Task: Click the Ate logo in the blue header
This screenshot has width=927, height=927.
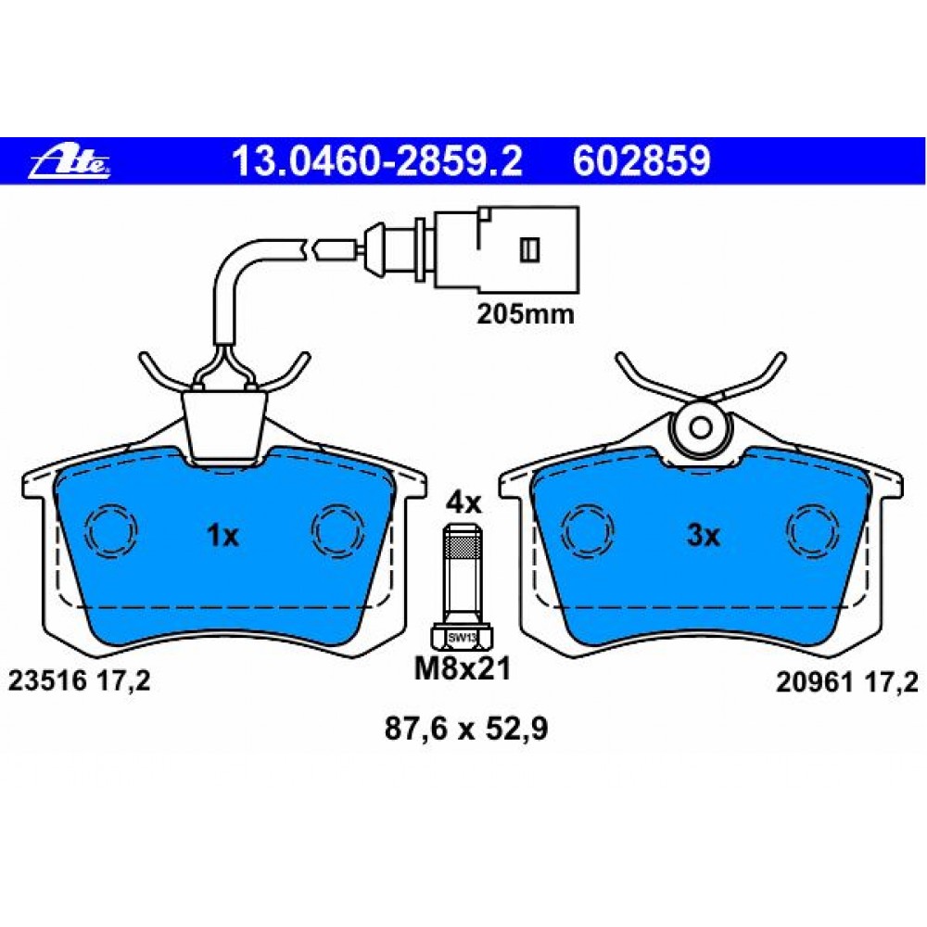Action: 70,162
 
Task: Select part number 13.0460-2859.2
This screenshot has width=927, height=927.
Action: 377,160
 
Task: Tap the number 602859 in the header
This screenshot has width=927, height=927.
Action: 641,160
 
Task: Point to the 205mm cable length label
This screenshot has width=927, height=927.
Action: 526,314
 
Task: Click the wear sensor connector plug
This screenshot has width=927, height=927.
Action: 507,248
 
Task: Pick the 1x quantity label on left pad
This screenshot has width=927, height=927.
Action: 222,536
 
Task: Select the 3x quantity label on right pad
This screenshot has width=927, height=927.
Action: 704,536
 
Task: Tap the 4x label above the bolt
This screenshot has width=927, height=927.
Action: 463,503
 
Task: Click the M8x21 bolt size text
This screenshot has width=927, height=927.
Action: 463,669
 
